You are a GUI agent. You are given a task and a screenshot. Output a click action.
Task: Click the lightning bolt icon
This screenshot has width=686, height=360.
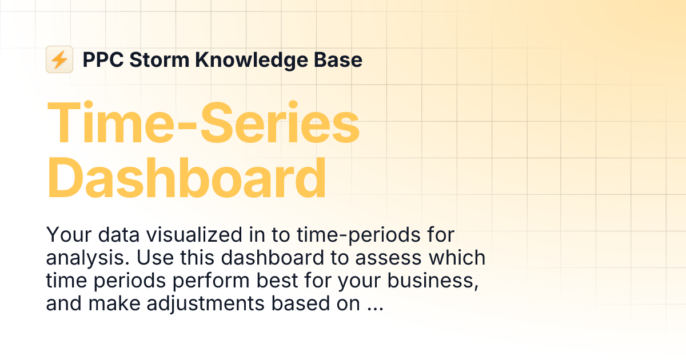(x=59, y=59)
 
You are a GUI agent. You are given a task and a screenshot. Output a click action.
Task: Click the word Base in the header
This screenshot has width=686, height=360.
(x=341, y=59)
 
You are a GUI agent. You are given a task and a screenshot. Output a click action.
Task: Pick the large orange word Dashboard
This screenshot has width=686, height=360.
(x=186, y=178)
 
